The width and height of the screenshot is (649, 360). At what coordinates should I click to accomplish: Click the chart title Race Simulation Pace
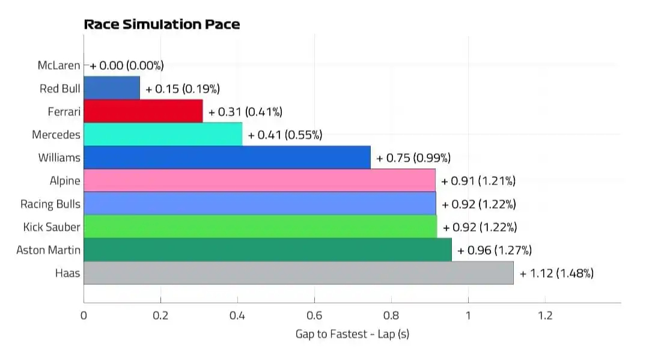point(162,25)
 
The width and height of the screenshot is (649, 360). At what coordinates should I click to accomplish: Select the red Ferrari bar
point(143,111)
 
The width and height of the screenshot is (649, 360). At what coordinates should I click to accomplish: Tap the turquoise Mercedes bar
point(163,135)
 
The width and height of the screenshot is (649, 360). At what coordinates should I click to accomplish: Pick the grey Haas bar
point(298,273)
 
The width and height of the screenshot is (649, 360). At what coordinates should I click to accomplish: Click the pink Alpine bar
point(259,180)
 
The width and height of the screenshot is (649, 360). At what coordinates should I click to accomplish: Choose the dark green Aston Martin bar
point(267,250)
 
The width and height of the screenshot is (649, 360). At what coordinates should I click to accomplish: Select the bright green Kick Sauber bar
point(260,227)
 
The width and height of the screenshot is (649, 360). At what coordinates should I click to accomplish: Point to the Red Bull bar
point(112,88)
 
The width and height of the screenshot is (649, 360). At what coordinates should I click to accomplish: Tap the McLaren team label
point(58,65)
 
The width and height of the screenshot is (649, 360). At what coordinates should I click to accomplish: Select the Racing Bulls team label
point(50,204)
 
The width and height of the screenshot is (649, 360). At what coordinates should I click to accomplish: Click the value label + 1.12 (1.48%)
point(557,273)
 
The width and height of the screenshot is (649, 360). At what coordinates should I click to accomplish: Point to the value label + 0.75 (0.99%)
point(413,158)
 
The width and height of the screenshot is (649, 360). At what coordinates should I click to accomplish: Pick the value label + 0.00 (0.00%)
point(127,66)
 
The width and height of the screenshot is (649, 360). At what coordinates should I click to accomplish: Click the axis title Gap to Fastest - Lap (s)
point(352,334)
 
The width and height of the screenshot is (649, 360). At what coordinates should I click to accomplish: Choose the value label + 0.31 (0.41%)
point(245,112)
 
